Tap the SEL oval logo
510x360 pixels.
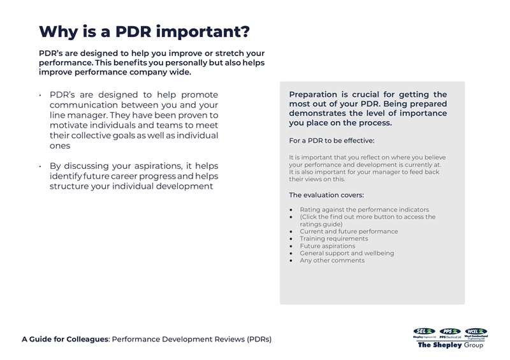click(x=424, y=331)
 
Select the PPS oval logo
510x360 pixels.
click(x=450, y=331)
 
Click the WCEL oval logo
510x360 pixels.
click(x=476, y=331)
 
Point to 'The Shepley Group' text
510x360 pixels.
click(x=450, y=345)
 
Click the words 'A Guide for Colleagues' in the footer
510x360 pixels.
click(x=65, y=339)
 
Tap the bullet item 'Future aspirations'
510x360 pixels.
click(x=327, y=246)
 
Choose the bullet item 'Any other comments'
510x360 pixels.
click(x=332, y=260)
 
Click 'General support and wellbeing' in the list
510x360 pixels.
click(x=347, y=253)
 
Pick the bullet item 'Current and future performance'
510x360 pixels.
click(x=349, y=231)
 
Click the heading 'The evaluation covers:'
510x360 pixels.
click(x=326, y=195)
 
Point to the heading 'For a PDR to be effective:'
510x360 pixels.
click(x=331, y=140)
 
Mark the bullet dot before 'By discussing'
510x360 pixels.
click(x=40, y=166)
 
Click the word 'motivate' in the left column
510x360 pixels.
click(x=69, y=126)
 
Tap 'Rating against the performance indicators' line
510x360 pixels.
click(x=364, y=210)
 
